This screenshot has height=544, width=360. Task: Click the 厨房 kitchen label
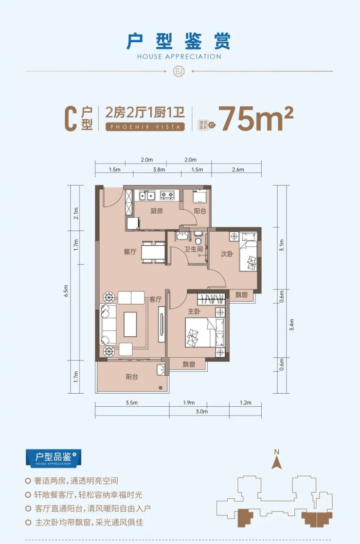tap(157, 211)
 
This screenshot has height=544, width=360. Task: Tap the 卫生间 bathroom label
tap(194, 249)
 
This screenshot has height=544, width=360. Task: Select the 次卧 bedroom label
tap(227, 254)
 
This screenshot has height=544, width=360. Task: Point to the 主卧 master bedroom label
tap(194, 311)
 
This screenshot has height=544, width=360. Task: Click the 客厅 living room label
tap(155, 299)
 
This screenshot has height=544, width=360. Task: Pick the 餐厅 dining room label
tap(130, 252)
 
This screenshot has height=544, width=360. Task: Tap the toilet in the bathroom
tap(198, 238)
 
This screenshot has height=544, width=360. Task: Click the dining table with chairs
tap(153, 252)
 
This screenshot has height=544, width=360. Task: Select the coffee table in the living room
tap(130, 324)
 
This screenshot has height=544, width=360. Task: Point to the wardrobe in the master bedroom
tap(211, 299)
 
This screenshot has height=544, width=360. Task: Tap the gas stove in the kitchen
tap(167, 195)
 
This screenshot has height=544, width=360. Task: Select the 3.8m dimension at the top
tap(159, 170)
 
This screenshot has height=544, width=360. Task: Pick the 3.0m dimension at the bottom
tap(201, 412)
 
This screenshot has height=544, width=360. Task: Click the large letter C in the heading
tap(71, 119)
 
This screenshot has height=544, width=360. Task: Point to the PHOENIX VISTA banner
tap(145, 127)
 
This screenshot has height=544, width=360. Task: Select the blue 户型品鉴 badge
tap(54, 458)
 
